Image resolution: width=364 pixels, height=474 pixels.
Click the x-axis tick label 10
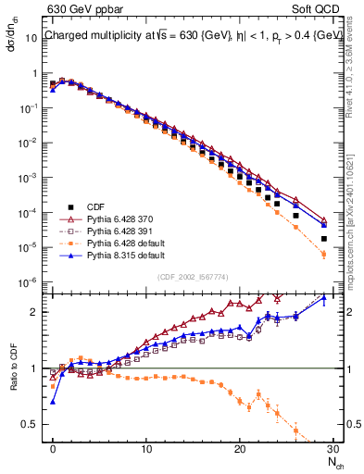[146, 448]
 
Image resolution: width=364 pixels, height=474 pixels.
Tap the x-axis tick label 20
[239, 448]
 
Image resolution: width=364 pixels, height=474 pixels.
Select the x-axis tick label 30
[332, 448]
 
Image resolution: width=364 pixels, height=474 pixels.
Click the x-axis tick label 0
[53, 448]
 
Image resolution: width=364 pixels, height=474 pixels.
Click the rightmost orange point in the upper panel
[323, 255]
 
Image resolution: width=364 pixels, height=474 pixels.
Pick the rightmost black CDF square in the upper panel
[323, 238]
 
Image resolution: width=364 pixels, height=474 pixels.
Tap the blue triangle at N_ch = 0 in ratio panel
[53, 402]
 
